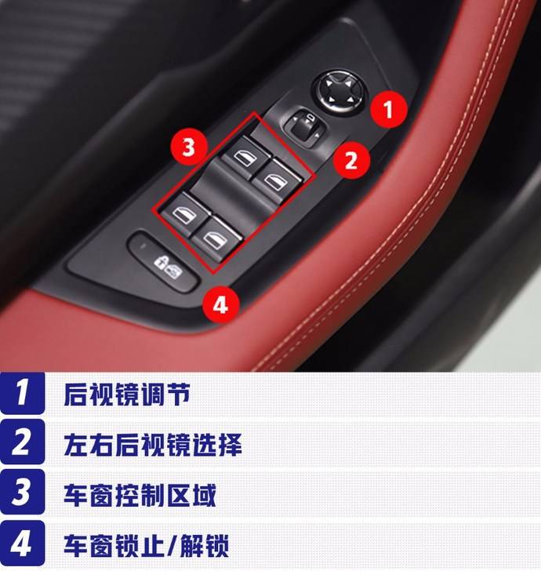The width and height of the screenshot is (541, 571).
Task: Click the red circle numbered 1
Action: point(388,109)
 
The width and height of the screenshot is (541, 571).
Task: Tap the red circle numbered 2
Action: point(352,160)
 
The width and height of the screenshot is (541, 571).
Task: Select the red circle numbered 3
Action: point(189,147)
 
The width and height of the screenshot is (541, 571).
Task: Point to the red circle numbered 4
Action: point(220,304)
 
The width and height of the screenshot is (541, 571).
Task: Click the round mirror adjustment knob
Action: point(339,91)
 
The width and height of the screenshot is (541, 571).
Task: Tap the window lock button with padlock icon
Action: point(164,260)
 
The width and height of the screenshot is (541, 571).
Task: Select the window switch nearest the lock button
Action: point(186,214)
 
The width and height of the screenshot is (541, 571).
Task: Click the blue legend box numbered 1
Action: point(22,392)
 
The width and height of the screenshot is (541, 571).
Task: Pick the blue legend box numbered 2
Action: point(22,442)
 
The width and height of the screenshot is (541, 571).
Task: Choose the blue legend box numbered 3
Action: point(22,492)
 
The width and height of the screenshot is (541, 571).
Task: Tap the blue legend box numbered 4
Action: point(22,543)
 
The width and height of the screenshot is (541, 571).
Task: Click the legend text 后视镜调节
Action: point(127,394)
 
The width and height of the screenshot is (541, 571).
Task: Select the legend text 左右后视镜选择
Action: point(153,444)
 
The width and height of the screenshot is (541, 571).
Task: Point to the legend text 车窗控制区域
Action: point(140,494)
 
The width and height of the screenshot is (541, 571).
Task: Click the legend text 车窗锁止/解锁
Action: point(146,545)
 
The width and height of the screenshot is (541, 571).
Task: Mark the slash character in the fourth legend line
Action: point(172,545)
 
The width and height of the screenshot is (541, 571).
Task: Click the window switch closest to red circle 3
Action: point(245,157)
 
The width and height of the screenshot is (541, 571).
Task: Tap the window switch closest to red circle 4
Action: point(216,238)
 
